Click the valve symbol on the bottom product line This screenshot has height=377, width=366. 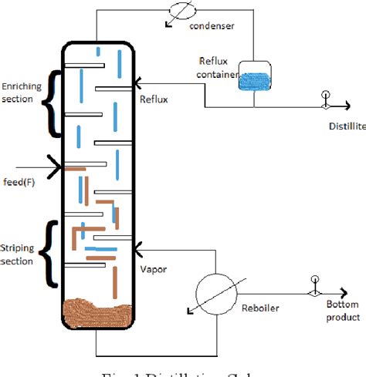314,293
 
